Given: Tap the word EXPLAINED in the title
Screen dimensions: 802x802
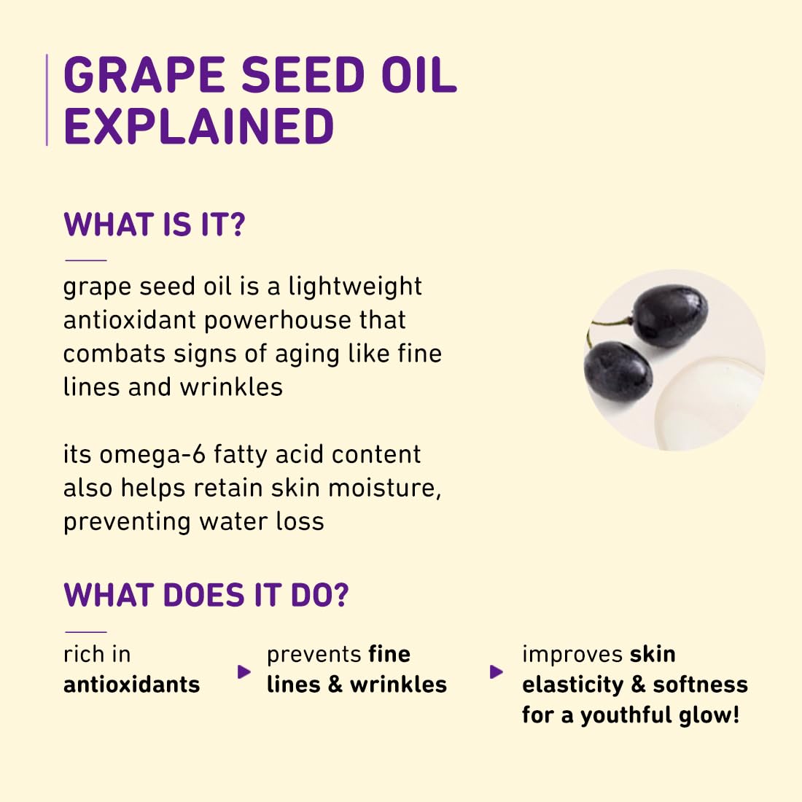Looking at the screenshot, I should (198, 126).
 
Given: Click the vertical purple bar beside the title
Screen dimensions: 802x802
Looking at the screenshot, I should (47, 100).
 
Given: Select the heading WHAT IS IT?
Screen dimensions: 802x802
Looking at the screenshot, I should (155, 225).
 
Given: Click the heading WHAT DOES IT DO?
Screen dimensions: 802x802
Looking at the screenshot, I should (206, 595).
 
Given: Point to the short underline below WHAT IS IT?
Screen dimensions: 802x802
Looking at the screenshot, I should (85, 260).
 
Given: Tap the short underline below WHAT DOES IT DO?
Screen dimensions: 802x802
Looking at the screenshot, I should (85, 632).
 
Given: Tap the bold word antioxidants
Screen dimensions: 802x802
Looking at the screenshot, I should (131, 685).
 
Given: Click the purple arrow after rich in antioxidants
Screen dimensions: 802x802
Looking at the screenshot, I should (244, 671).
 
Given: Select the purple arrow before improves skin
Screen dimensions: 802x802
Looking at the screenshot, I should (497, 671).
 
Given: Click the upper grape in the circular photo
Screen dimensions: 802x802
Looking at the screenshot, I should (669, 316).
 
